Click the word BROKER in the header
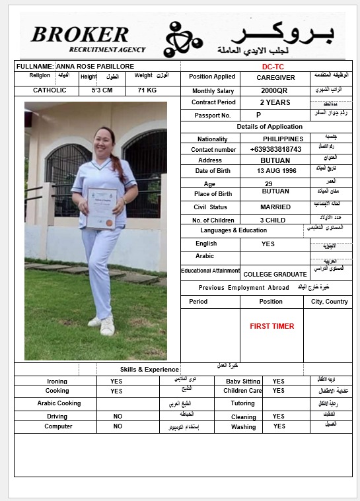coord(80,34)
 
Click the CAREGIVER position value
coord(275,77)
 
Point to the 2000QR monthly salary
coord(274,90)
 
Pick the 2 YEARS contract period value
coord(275,102)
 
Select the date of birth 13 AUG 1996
coord(277,171)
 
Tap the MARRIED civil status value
coord(275,207)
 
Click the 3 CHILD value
coord(273,220)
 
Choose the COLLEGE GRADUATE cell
coord(275,274)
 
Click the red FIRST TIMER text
coord(272,326)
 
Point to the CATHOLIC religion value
coord(50,90)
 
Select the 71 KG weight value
coord(147,90)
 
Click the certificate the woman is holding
coord(102,208)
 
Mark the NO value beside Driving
coord(118,417)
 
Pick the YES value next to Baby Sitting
coord(279,382)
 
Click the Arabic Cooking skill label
coord(59,403)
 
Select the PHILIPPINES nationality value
coord(283,139)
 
